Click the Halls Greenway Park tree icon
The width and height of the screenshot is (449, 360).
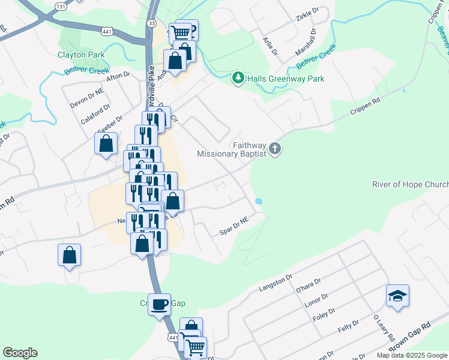coord(238,79)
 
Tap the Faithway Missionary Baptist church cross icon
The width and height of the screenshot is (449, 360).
coord(275,148)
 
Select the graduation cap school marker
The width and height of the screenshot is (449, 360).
coord(397,296)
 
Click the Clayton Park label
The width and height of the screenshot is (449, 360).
coord(81,55)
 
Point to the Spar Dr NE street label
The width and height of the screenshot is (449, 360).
coord(234,227)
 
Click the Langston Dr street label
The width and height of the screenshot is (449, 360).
coord(275,283)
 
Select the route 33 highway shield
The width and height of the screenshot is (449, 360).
coord(151,23)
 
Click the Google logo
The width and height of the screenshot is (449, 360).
coord(20,353)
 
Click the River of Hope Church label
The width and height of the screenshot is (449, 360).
coord(410,184)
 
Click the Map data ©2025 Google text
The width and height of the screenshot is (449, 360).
coord(411,355)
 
